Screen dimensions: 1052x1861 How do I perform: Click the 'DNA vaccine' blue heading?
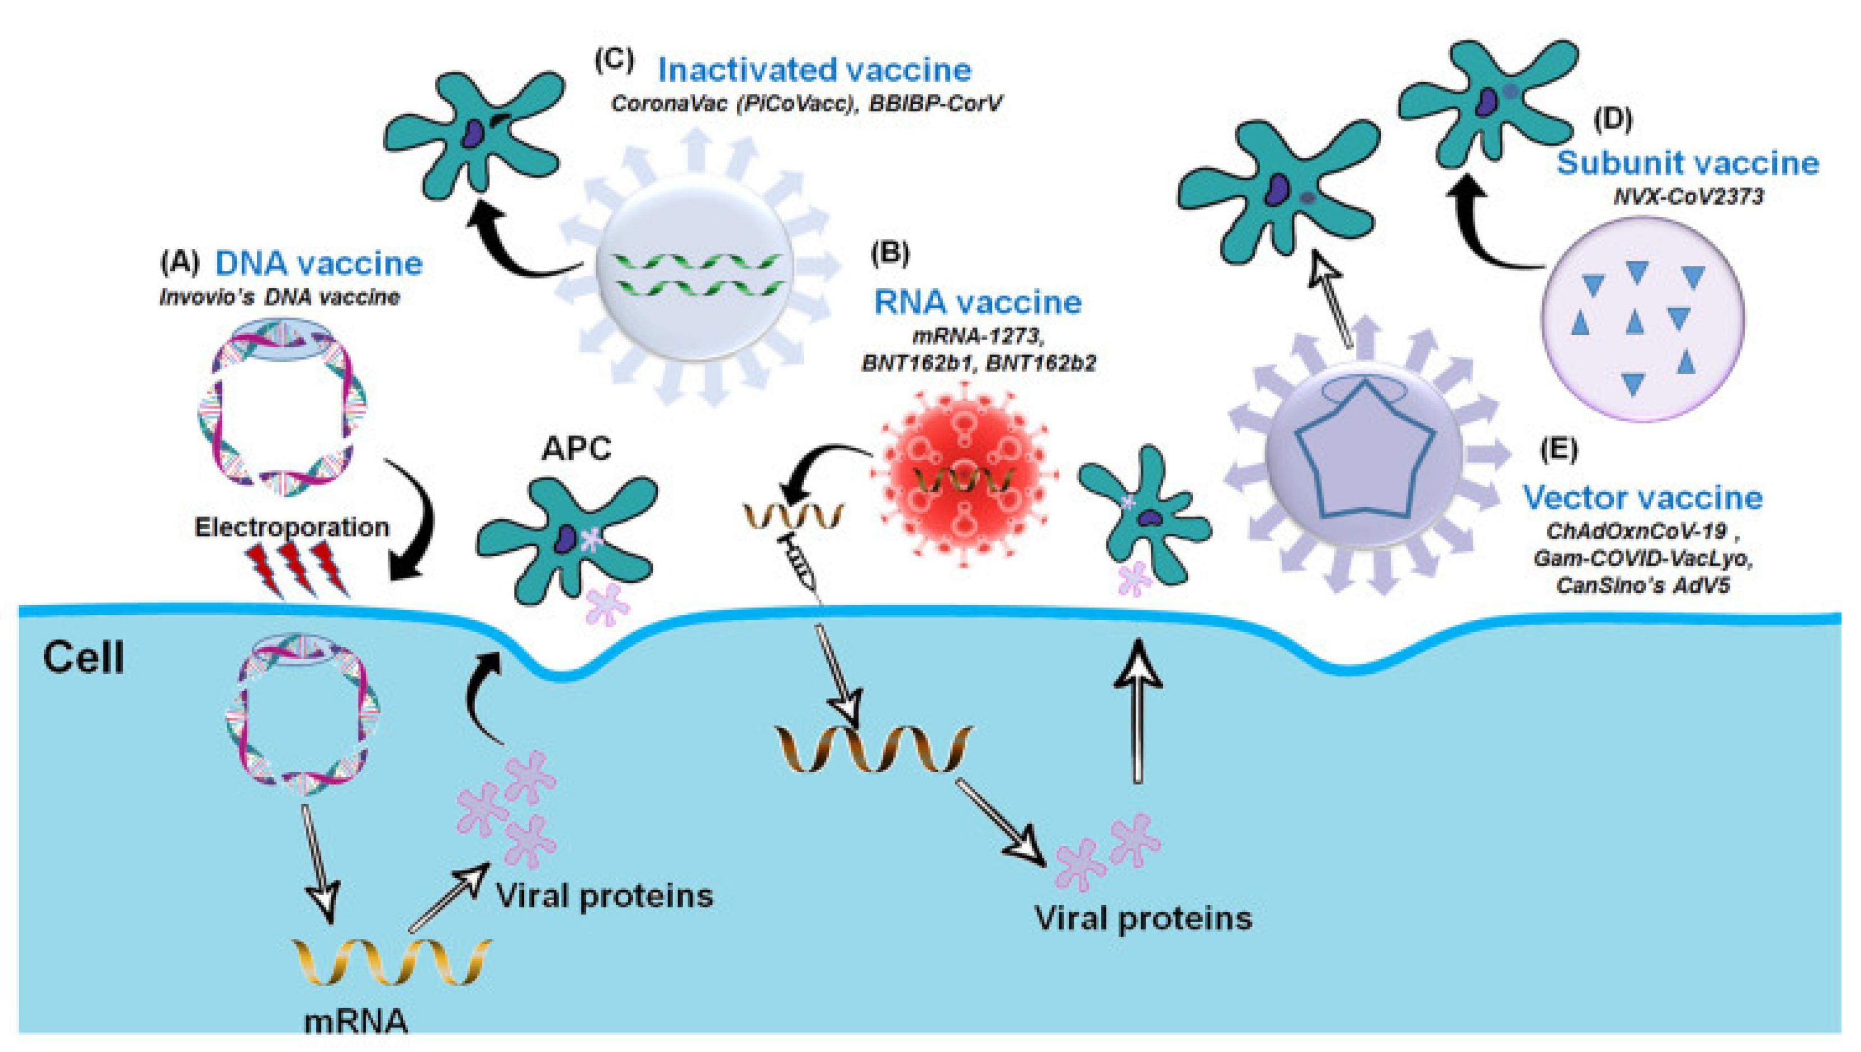point(319,264)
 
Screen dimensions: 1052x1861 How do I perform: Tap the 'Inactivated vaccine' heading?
point(814,71)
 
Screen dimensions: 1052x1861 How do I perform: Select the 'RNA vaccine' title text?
point(978,302)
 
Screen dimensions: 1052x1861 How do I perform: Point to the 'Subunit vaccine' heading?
point(1687,164)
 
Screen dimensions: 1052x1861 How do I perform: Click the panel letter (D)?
point(1613,119)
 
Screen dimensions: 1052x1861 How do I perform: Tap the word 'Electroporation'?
point(292,528)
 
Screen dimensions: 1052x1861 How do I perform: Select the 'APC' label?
point(576,448)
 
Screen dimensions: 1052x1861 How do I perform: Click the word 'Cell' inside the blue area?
point(83,657)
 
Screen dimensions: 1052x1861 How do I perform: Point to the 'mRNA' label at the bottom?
point(356,1022)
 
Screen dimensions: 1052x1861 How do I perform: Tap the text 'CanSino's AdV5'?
point(1643,585)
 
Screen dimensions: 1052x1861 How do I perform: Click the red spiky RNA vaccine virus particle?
point(964,477)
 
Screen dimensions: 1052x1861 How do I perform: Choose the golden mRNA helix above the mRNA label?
point(392,963)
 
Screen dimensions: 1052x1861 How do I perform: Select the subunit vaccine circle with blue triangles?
point(1643,319)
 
